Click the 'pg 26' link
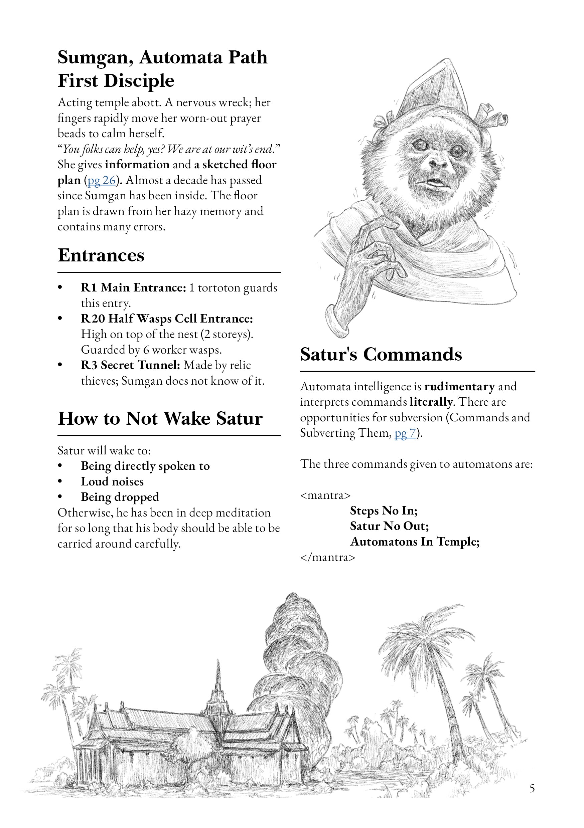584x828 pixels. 102,180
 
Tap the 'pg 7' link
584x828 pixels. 405,433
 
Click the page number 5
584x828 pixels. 532,788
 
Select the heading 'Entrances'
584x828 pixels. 101,255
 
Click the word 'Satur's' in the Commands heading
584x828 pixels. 328,355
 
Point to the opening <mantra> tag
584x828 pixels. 325,495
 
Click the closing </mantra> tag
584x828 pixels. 328,557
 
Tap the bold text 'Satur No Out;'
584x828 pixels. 390,526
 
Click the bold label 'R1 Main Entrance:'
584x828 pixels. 134,287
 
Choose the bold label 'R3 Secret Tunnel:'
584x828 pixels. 130,365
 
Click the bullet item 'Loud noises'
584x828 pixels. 112,481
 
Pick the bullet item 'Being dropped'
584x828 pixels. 120,497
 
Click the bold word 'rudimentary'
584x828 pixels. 459,387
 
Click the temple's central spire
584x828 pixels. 218,685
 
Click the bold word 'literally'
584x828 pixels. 431,402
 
